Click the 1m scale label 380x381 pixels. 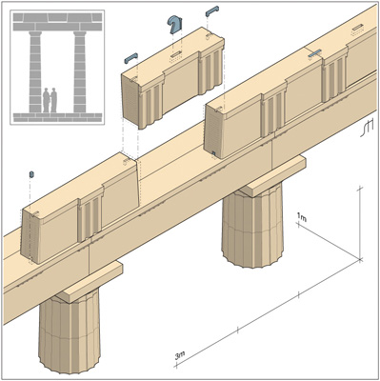[302, 217]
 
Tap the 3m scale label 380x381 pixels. [180, 355]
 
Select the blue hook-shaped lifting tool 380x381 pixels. [174, 25]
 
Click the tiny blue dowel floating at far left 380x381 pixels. [31, 174]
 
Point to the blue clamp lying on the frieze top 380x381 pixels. [315, 53]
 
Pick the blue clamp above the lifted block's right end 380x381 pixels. [212, 11]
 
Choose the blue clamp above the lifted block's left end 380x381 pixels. [131, 58]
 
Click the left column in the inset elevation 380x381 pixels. [35, 71]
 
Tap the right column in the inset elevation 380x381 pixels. [80, 71]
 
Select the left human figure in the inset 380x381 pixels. [47, 100]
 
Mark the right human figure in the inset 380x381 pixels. [53, 100]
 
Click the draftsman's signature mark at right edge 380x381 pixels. [367, 128]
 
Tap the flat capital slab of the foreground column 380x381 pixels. [90, 282]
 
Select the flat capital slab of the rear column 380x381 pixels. [273, 175]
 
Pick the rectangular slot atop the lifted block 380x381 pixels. [176, 54]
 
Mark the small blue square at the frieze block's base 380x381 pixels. [213, 154]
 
